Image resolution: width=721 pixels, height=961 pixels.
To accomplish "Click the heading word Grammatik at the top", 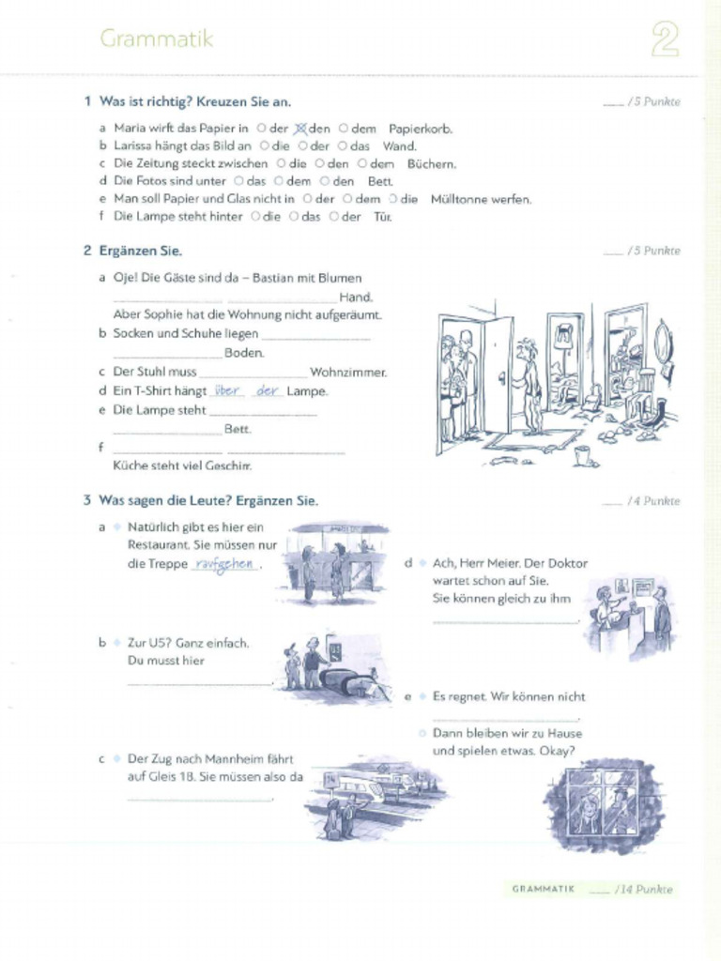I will [x=156, y=39].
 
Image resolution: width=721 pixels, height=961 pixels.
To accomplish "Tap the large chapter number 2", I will [x=665, y=41].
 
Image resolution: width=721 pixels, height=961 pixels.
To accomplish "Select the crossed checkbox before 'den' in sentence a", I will [x=300, y=129].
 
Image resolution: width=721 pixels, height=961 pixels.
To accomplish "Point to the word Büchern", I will [x=431, y=163].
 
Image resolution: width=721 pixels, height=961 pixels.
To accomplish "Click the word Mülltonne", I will [x=461, y=199].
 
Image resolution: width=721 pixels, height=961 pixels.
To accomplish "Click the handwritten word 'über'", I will [x=228, y=390].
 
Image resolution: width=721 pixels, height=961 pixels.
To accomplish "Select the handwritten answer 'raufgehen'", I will [x=223, y=564].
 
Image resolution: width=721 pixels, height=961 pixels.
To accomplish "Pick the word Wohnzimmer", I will [x=347, y=373].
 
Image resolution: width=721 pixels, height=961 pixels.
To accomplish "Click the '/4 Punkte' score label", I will [x=653, y=501].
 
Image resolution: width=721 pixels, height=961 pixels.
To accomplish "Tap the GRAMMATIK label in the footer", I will [x=544, y=889].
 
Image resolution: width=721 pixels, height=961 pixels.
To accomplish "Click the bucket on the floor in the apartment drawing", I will [x=582, y=456].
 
